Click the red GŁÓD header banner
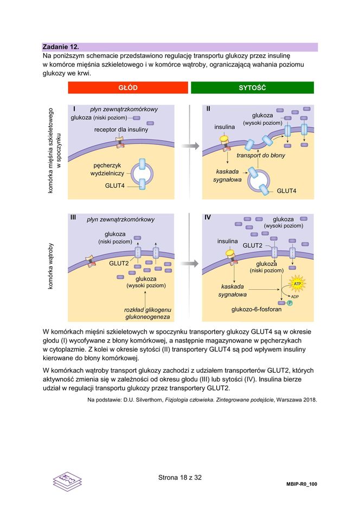[128, 88]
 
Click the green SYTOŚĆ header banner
[252, 88]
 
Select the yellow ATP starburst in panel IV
[297, 284]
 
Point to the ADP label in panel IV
[295, 297]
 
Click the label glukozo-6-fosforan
[256, 309]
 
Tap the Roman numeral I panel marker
[74, 109]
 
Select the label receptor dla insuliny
[121, 130]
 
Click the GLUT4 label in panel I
[115, 186]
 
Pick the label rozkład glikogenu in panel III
[147, 309]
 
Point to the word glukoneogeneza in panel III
[147, 316]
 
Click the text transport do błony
[261, 155]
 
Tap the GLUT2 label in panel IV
[252, 245]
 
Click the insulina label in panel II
[224, 127]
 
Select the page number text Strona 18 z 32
[180, 478]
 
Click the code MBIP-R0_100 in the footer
[301, 483]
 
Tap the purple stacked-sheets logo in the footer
[67, 481]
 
